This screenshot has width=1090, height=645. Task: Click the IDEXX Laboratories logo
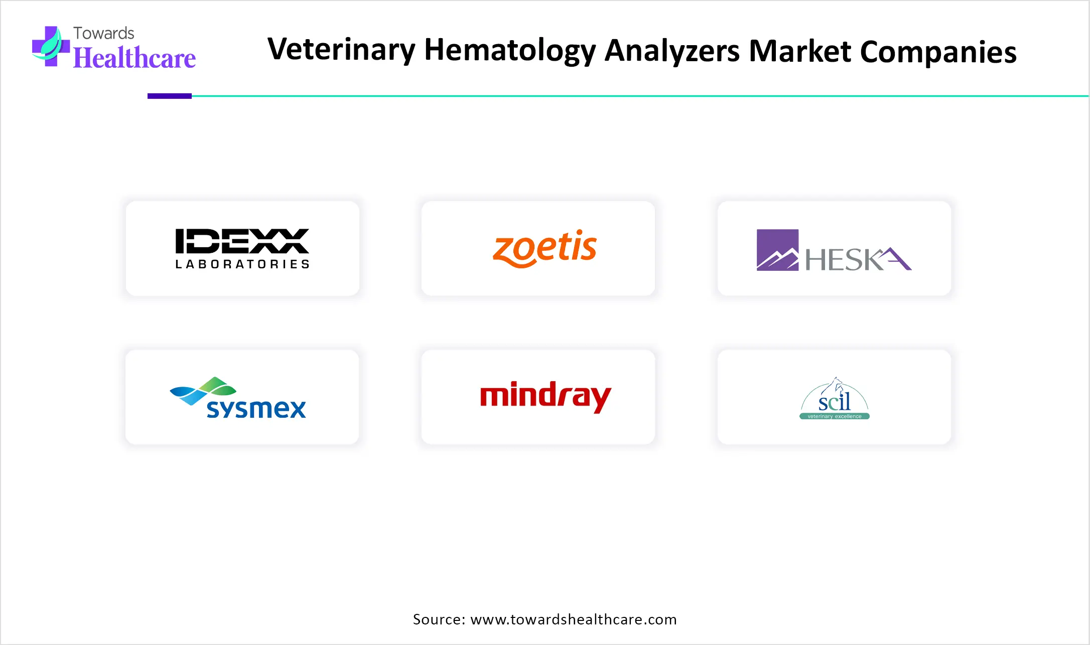(x=242, y=249)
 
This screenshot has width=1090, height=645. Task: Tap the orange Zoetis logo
(x=544, y=248)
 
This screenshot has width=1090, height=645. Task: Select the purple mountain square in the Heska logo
(x=777, y=250)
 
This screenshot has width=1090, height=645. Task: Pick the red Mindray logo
(x=546, y=397)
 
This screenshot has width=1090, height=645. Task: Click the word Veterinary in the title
(x=342, y=51)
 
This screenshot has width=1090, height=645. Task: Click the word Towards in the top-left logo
(x=104, y=33)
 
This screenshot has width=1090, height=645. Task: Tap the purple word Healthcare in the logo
(x=134, y=58)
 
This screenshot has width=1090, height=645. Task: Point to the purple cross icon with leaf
(x=51, y=46)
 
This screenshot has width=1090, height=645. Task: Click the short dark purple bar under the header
(x=170, y=96)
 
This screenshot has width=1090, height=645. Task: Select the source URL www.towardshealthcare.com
(x=574, y=619)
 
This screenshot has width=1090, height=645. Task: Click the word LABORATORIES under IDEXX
(x=242, y=264)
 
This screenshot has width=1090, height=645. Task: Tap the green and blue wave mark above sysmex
(x=203, y=390)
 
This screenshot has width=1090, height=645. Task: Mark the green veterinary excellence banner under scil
(x=834, y=416)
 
